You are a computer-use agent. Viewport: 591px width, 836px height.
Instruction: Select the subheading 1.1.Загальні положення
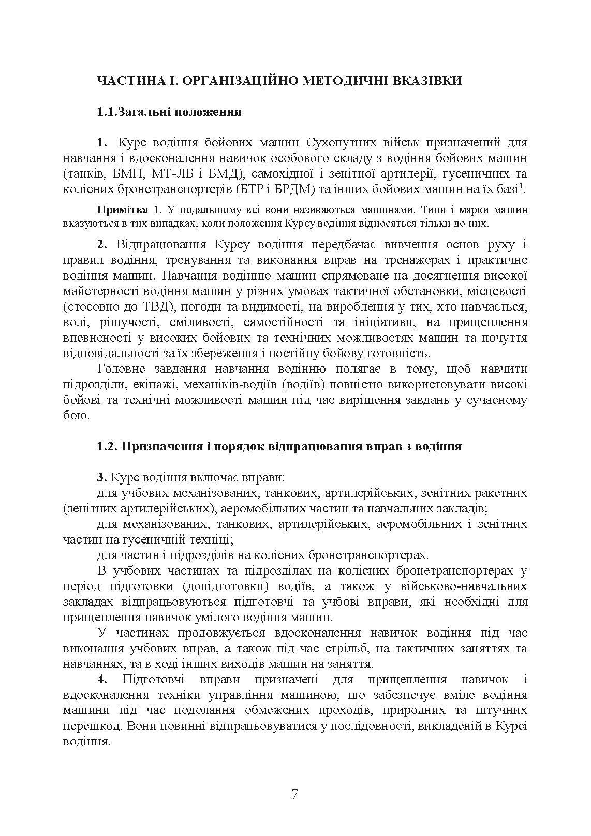click(169, 112)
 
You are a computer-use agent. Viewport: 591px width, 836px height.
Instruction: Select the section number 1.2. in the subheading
click(107, 446)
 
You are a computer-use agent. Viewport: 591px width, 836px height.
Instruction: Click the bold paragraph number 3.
click(101, 477)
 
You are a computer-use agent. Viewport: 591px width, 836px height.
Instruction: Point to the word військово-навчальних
click(464, 586)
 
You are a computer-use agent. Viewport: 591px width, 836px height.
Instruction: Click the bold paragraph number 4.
click(101, 679)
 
